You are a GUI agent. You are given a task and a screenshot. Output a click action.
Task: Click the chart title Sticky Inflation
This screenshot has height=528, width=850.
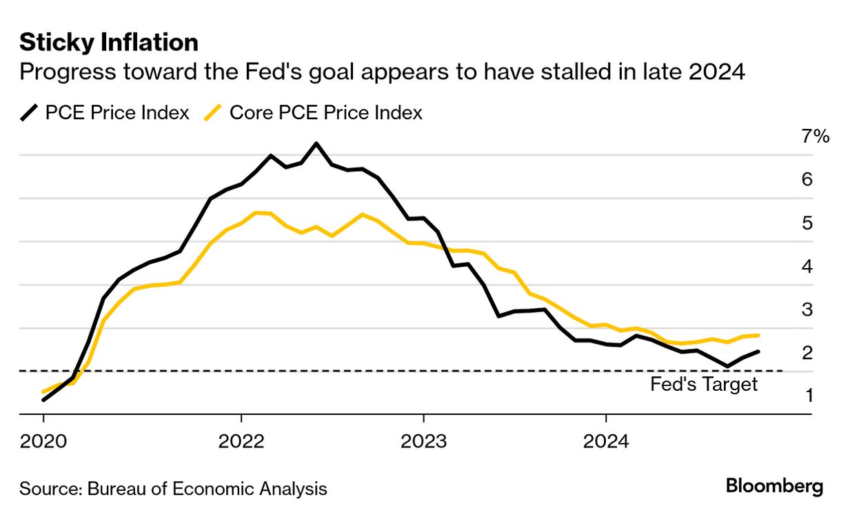[109, 43]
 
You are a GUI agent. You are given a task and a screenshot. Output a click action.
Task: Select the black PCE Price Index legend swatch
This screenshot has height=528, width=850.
[30, 112]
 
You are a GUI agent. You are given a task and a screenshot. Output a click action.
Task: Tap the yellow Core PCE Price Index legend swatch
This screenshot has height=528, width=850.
[214, 112]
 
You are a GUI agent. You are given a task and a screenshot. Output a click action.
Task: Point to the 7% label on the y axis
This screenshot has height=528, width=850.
[816, 136]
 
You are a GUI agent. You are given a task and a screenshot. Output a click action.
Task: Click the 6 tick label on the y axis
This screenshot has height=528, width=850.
[807, 179]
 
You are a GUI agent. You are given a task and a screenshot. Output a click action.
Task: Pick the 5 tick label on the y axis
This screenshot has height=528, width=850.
[807, 223]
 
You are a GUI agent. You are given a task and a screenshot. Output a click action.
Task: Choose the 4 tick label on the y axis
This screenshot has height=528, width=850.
[807, 266]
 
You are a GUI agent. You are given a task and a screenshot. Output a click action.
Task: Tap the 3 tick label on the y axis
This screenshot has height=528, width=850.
[807, 309]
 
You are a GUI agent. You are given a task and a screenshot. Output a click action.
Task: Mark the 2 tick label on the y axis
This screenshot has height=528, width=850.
[807, 353]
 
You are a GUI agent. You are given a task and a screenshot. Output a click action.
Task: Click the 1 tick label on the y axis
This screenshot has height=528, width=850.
[807, 396]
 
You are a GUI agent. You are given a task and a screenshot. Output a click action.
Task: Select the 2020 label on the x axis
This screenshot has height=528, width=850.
[43, 441]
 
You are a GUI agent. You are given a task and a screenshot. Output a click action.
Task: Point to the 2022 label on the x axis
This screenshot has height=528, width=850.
[241, 441]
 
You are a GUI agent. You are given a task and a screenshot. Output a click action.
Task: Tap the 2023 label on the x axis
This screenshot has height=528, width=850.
[423, 441]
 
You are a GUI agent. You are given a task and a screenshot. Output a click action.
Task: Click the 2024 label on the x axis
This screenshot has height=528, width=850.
[606, 441]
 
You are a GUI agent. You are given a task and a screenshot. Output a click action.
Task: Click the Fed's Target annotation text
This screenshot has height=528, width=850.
[703, 385]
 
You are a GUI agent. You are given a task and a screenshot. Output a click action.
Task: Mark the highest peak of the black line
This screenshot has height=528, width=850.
[316, 143]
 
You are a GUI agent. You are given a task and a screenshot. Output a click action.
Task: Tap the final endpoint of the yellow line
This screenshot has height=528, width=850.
[758, 336]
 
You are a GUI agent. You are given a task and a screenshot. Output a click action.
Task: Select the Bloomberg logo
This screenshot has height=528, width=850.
[774, 486]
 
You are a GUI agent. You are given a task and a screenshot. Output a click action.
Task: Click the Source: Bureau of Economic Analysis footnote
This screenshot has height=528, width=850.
[173, 489]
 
